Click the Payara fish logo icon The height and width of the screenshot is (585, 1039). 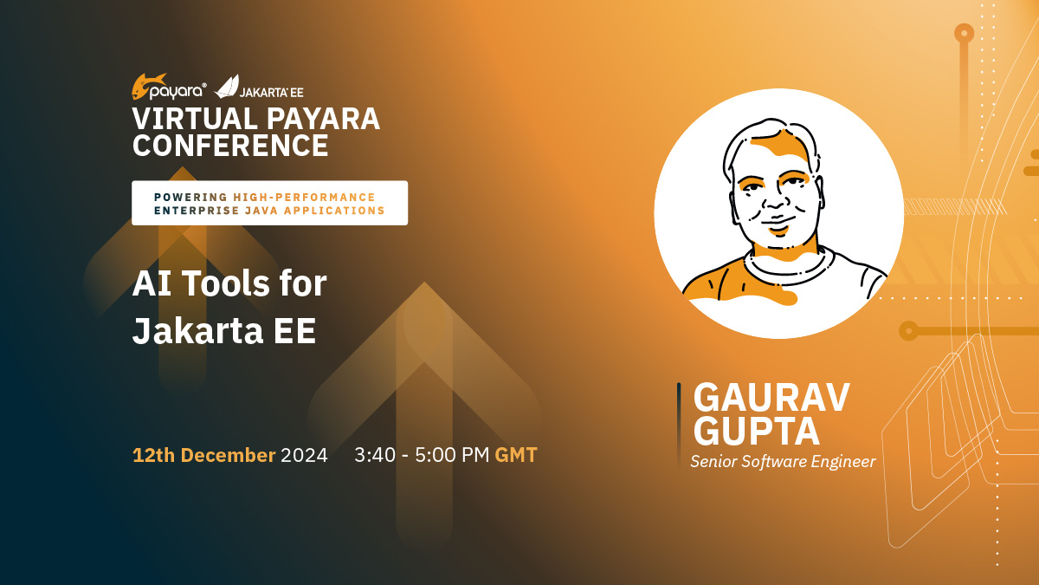147,87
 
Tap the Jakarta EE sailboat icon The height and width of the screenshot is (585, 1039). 226,87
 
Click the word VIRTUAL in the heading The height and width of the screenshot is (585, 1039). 195,119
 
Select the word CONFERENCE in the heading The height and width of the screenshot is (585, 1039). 230,146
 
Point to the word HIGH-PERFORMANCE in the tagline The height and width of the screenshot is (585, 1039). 304,198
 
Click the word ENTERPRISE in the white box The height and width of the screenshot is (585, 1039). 197,211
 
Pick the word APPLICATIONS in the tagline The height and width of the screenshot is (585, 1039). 334,211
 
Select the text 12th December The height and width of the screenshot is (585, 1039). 204,455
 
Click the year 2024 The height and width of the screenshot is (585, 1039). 304,455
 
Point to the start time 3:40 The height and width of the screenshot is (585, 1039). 375,455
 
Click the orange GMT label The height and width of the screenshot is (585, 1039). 516,455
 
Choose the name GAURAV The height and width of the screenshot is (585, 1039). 771,398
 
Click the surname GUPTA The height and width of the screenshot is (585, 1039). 757,432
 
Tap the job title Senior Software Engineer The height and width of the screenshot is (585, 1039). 783,461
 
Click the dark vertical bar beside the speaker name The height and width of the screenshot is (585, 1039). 679,424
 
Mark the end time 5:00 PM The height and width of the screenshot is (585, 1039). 452,455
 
